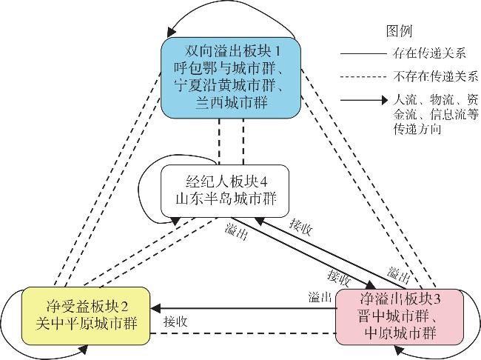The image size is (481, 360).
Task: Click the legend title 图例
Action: pos(399,31)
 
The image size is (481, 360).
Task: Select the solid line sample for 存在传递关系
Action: pos(363,54)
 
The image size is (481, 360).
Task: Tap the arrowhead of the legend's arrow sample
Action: pos(384,100)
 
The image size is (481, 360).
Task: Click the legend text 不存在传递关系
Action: pos(436,76)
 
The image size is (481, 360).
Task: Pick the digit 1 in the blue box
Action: pos(278,51)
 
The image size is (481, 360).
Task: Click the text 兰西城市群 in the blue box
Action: pos(232,102)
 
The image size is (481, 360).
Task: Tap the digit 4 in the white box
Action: pos(263,182)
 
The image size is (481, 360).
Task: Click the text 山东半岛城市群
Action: pos(226,199)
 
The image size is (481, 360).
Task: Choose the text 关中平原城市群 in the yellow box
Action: pos(86,324)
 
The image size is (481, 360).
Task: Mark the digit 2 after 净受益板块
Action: pos(124,307)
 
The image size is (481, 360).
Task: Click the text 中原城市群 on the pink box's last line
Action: pos(400,333)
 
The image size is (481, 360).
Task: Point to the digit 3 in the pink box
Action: pos(437,299)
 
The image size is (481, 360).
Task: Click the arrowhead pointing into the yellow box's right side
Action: pos(155,308)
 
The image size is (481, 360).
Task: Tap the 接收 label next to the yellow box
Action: pos(175,322)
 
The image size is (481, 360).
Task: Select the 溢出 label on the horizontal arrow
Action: pos(320,297)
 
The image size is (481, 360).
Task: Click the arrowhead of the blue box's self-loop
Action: pos(172,32)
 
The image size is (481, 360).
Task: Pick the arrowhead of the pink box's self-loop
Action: pos(398,349)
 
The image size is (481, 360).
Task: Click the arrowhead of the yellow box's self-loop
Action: pos(84,349)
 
